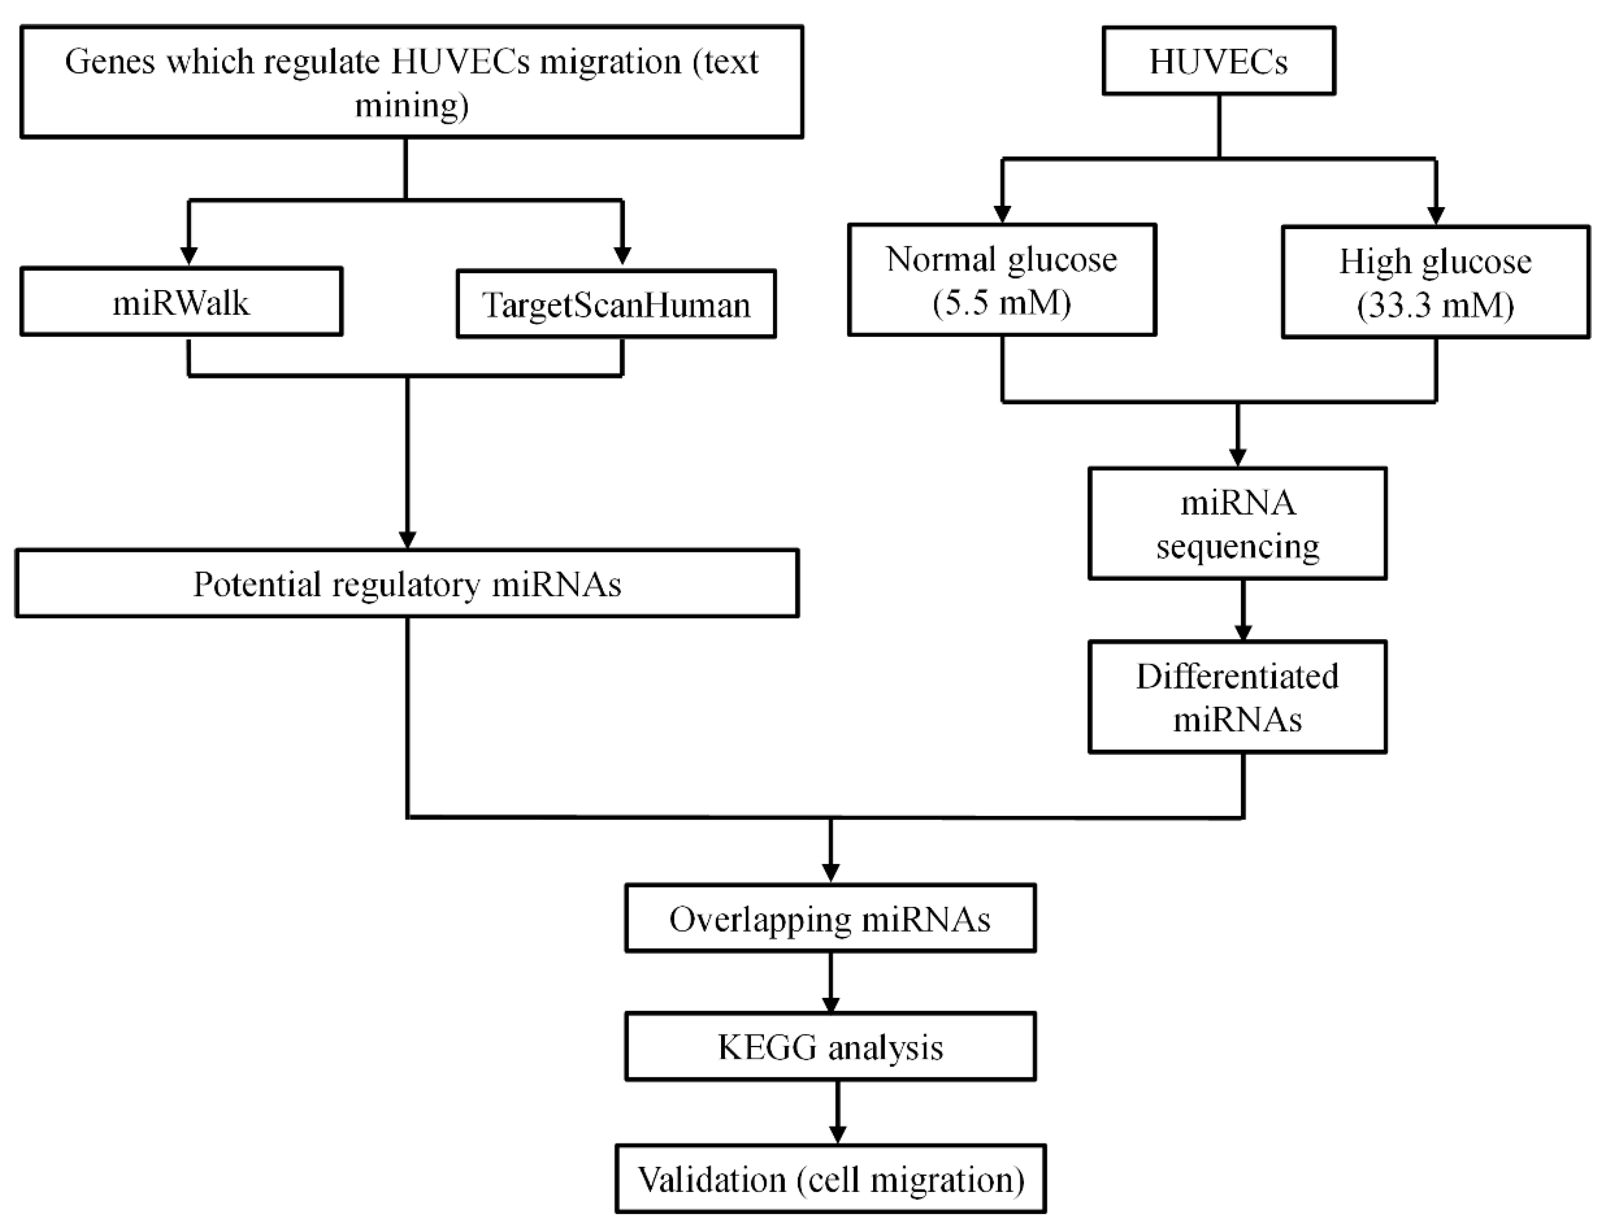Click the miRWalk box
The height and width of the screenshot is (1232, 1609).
pos(181,302)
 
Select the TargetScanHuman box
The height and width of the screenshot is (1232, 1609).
pos(616,304)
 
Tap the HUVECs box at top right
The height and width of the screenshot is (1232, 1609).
pos(1218,61)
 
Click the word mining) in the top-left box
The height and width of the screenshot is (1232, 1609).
pos(412,105)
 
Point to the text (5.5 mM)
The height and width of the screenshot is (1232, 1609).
pos(1001,302)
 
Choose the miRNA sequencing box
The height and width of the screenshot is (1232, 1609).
pos(1237,523)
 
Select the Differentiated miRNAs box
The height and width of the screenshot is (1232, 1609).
pos(1237,697)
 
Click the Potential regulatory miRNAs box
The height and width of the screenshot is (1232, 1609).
pos(407,584)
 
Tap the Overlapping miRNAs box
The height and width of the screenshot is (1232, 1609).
pos(830,918)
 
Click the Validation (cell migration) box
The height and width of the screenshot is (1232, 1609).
pos(830,1179)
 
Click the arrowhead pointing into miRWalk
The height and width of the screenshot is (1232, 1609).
pos(189,256)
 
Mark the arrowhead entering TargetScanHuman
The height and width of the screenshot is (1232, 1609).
pos(622,256)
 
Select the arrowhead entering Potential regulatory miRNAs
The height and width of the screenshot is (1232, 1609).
pos(407,539)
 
